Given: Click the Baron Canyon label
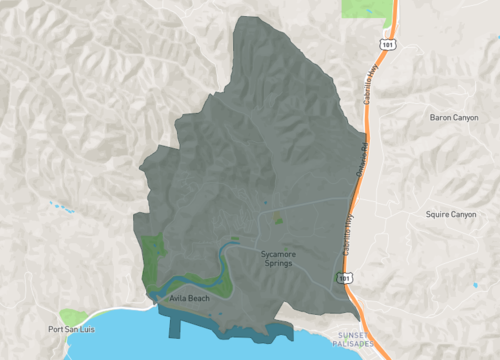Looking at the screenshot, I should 453,118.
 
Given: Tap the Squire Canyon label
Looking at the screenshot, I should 451,214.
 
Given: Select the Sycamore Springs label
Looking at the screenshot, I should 280,259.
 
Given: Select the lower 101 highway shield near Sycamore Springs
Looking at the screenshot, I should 344,276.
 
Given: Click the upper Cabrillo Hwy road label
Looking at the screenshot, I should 375,78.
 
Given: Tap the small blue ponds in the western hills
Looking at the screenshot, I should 61,207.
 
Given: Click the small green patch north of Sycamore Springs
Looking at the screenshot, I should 280,217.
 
